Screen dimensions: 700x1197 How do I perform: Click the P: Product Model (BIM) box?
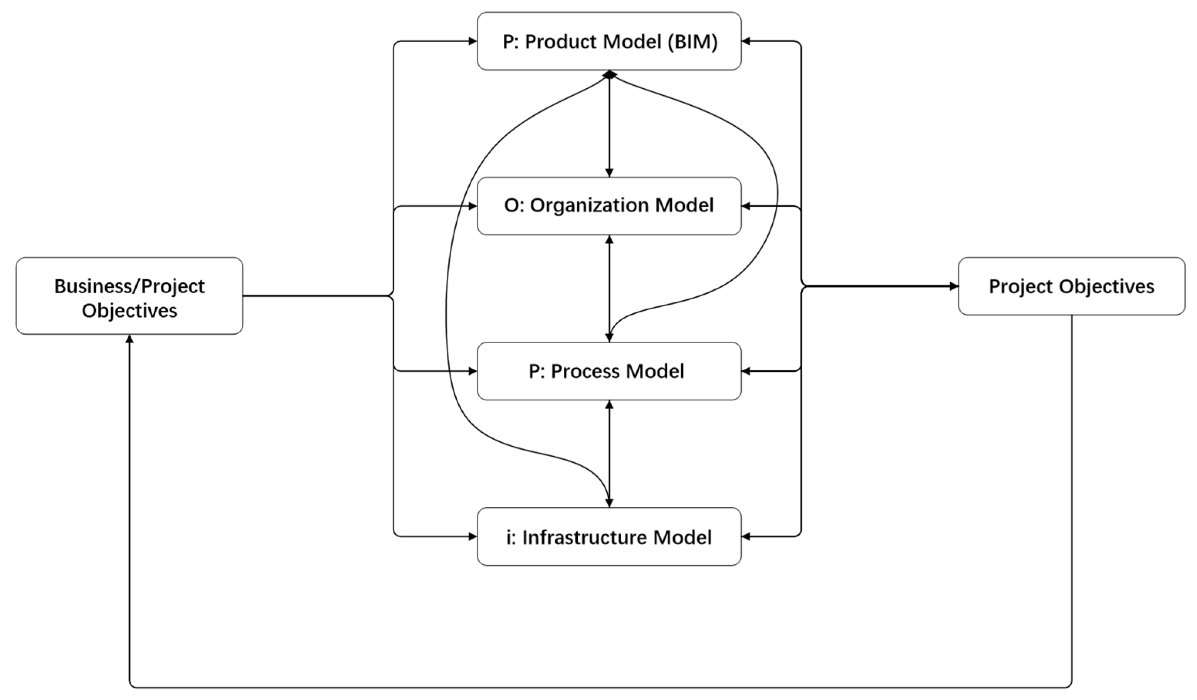tap(609, 41)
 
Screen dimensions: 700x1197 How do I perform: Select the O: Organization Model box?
tap(609, 206)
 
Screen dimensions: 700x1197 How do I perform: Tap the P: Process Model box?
tap(609, 371)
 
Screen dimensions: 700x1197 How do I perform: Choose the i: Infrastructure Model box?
tap(609, 536)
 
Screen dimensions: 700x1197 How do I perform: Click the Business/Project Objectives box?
tap(129, 295)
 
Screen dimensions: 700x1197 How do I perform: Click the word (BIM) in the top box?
tap(693, 42)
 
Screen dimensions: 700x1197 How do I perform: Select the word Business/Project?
tap(129, 286)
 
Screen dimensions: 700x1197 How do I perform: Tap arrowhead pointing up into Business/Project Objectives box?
tap(129, 339)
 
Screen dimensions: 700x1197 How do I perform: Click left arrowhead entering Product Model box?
tap(472, 41)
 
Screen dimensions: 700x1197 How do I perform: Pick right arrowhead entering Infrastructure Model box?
tap(746, 536)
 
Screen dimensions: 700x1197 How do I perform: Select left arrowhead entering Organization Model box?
tap(472, 206)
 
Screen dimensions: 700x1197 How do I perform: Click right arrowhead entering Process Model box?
tap(746, 371)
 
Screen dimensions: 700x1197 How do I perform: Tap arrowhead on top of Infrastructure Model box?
tap(609, 503)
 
